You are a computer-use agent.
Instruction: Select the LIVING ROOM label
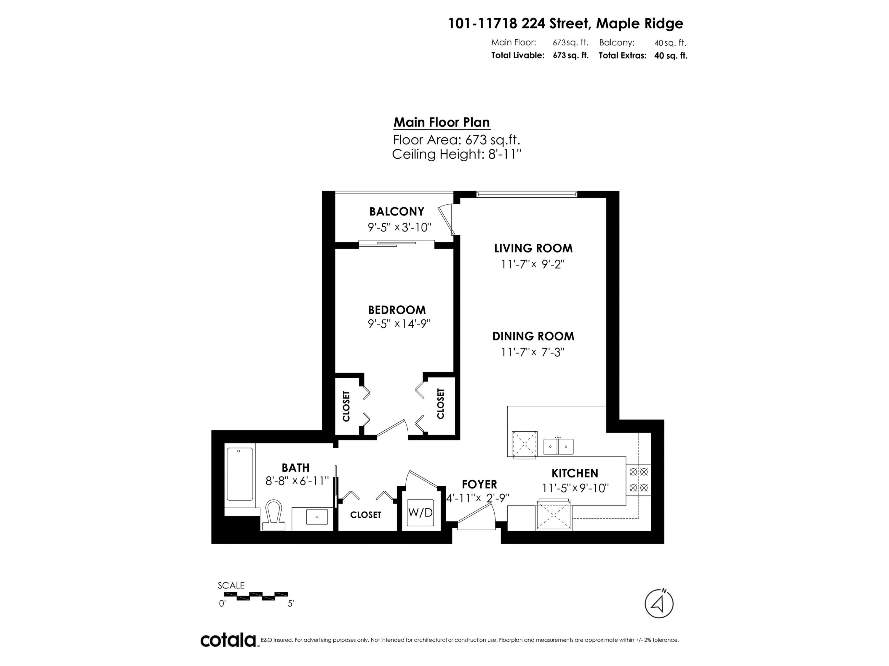click(x=533, y=249)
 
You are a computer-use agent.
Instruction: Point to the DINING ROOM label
click(x=533, y=337)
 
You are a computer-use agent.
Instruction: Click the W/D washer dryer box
click(x=420, y=513)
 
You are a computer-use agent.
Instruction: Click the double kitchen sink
click(x=558, y=446)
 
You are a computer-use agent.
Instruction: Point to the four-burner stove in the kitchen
click(x=639, y=480)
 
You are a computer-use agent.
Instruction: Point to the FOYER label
click(x=479, y=484)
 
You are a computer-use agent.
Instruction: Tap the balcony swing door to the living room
click(x=447, y=219)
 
